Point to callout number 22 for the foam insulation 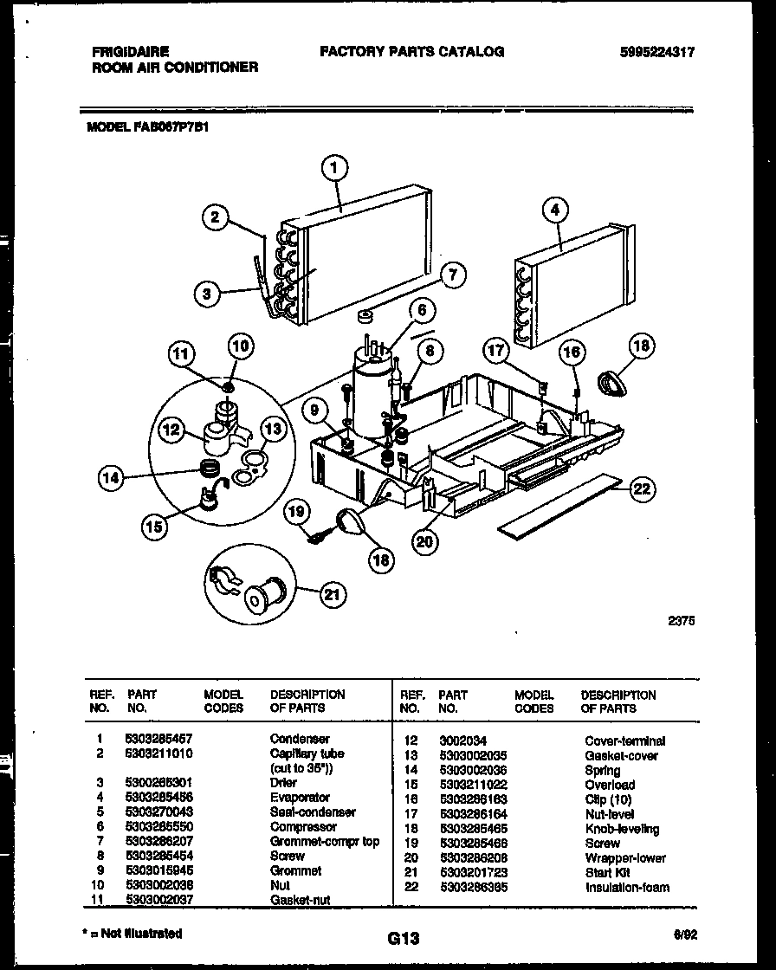[x=641, y=489]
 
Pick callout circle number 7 [x=451, y=276]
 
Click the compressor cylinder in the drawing [x=369, y=394]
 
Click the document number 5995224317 [x=657, y=52]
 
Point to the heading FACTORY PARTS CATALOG [x=411, y=52]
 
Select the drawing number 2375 [x=682, y=620]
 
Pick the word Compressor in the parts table [x=303, y=827]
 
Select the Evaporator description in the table [x=300, y=798]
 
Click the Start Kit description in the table [x=608, y=873]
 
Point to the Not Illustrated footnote [x=135, y=934]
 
